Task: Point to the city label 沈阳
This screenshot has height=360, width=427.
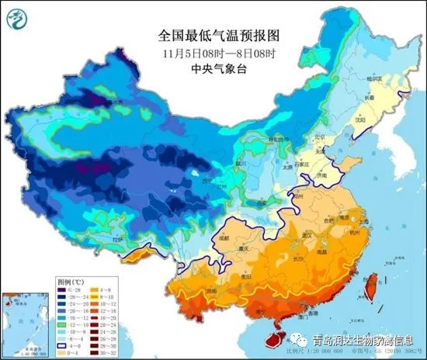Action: click(x=359, y=121)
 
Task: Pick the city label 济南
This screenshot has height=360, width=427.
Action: click(x=320, y=178)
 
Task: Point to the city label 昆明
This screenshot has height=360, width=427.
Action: click(x=210, y=297)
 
